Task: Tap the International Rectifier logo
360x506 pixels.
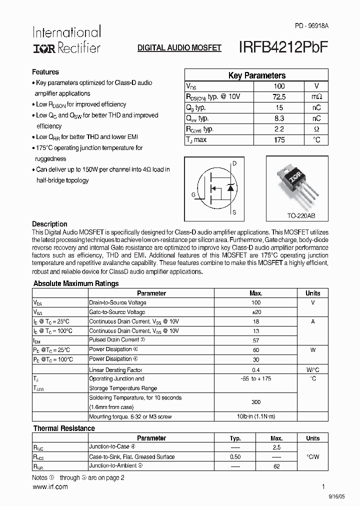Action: point(66,40)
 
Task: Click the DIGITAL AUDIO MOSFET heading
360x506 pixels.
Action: point(179,48)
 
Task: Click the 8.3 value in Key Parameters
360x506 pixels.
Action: point(279,118)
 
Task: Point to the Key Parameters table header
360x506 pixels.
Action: point(256,75)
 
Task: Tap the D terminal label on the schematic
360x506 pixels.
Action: point(235,163)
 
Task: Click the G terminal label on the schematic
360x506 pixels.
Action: point(193,194)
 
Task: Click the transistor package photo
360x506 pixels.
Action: point(297,185)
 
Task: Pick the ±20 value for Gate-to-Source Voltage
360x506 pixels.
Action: point(256,312)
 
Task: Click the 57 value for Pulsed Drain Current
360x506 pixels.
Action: point(256,340)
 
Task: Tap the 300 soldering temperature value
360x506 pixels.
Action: point(256,402)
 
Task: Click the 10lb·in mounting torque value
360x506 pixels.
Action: point(256,416)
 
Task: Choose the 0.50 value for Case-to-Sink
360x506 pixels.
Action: point(235,457)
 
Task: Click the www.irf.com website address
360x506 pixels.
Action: point(50,487)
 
